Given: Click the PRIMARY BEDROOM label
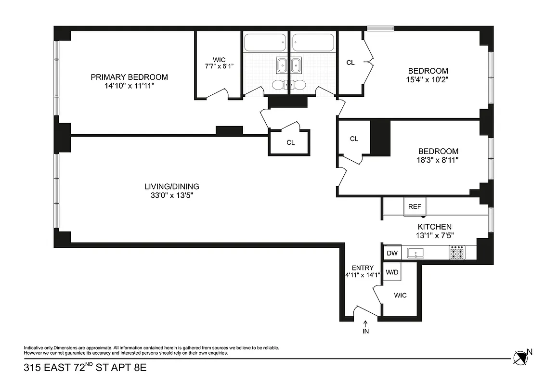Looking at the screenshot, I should [129, 77].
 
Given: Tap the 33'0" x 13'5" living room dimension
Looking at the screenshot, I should [172, 195].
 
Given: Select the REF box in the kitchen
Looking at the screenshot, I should [415, 206].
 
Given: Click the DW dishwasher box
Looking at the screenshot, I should [392, 253].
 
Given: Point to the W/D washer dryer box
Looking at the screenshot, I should [392, 272].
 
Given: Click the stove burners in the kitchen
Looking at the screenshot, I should [457, 252].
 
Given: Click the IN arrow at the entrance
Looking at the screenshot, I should [365, 327].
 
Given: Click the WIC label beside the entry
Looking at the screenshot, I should [400, 295].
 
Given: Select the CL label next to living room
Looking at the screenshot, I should [290, 142].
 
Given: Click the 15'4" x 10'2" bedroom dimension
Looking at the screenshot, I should [428, 80].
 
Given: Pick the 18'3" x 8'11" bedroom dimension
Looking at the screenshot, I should [438, 160].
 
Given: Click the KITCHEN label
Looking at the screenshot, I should [434, 227].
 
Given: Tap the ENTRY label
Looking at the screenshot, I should [363, 268].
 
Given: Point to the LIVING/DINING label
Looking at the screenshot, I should [172, 186].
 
